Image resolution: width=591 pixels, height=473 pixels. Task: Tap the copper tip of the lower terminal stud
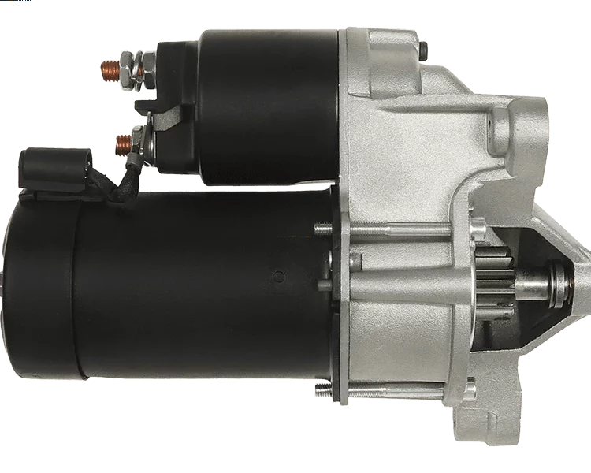click(x=121, y=143)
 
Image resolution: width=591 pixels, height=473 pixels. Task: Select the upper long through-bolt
click(x=378, y=230)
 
